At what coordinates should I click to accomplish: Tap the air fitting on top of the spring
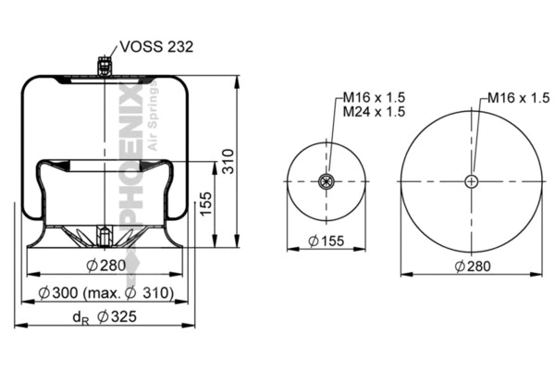104,67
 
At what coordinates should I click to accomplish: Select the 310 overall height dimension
228,166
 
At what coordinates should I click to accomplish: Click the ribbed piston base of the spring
103,237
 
